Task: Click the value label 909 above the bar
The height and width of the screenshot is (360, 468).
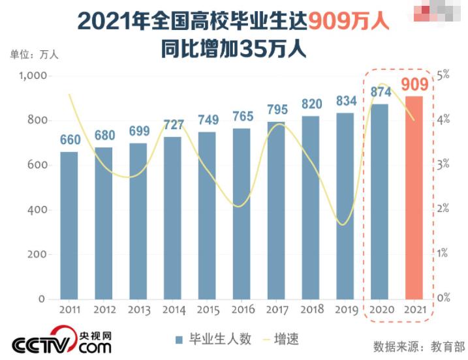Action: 414,85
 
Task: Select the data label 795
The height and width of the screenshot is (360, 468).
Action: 276,109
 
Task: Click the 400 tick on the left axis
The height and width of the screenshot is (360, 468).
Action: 37,209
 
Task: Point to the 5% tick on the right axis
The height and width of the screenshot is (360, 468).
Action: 444,75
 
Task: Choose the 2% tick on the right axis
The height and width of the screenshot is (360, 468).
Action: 444,209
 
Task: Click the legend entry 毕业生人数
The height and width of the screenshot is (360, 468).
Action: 213,339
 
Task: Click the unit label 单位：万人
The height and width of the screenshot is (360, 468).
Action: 34,54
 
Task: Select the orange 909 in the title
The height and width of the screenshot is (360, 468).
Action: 333,22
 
